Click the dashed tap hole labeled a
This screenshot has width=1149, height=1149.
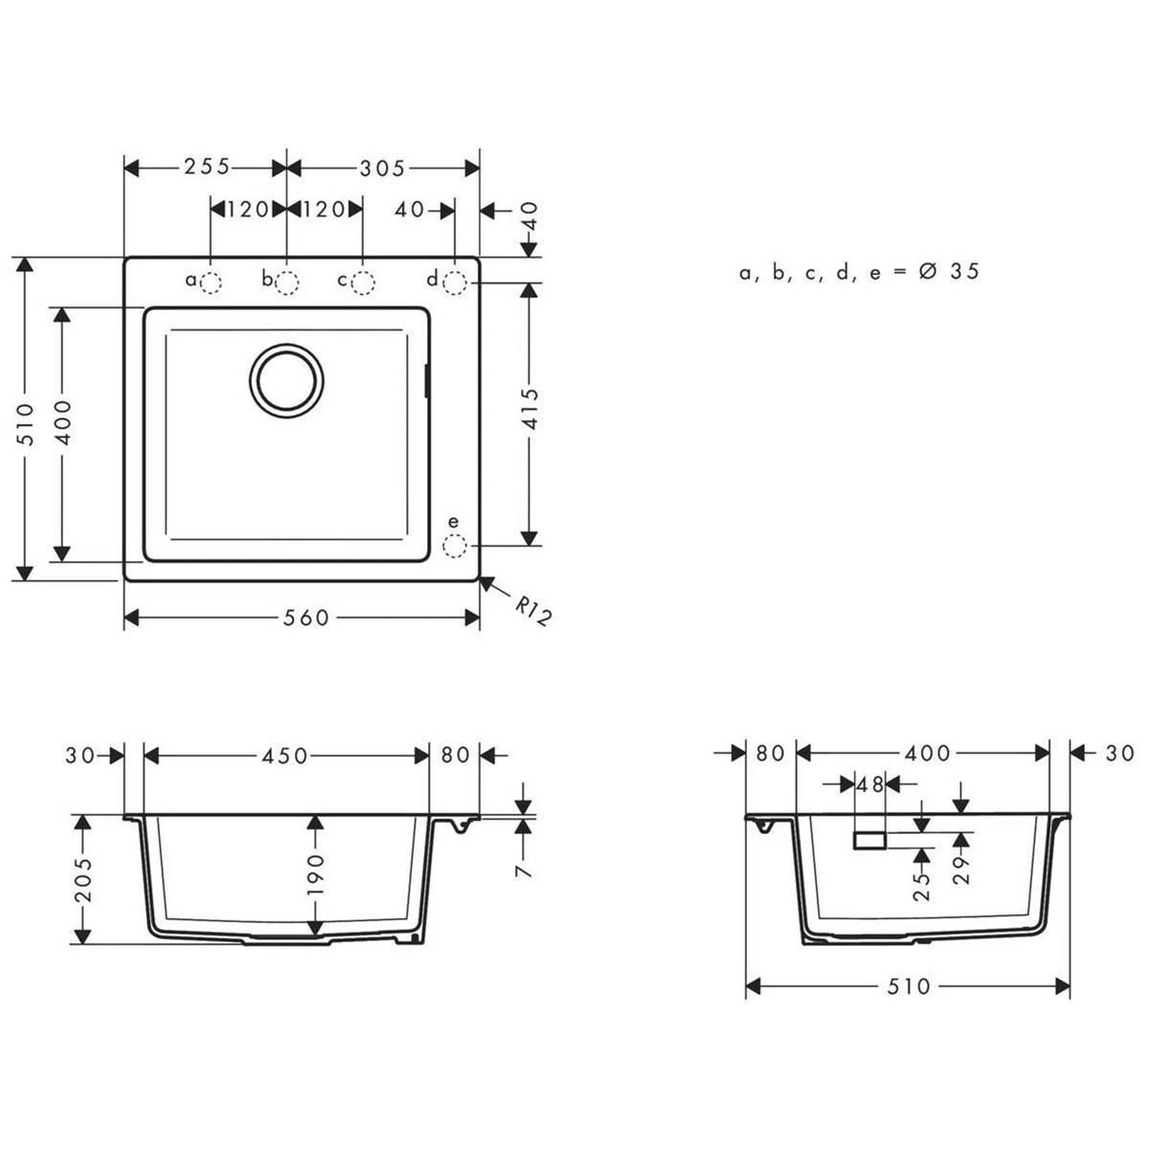pos(211,282)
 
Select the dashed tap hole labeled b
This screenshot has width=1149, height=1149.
pos(287,282)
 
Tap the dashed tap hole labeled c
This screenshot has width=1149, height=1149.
pos(363,282)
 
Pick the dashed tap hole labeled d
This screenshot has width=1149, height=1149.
pos(455,282)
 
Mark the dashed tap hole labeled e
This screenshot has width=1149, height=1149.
pos(455,546)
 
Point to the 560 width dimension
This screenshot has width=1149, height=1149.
pos(305,619)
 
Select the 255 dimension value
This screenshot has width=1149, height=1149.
pos(206,167)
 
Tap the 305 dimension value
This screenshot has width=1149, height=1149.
pos(382,169)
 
